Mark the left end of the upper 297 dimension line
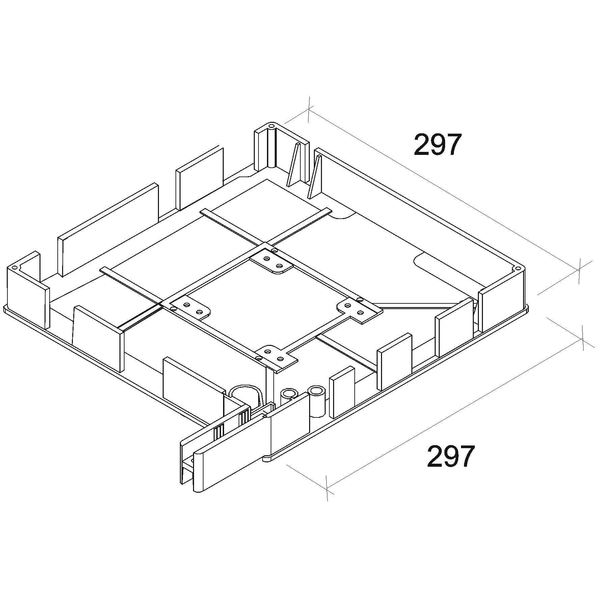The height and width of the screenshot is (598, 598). [308, 109]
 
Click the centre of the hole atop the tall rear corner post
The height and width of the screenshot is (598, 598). [271, 126]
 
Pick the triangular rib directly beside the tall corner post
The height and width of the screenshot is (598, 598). [293, 164]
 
